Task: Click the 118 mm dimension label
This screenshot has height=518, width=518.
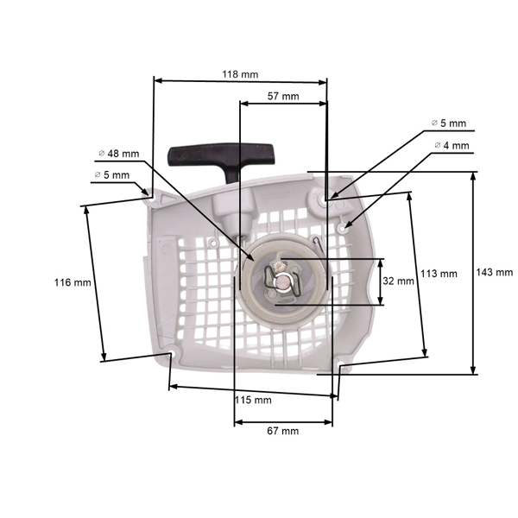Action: click(x=240, y=74)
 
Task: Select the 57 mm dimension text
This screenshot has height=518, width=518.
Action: click(x=283, y=96)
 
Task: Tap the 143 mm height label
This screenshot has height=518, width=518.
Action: click(x=494, y=272)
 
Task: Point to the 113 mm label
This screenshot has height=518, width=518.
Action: click(x=439, y=274)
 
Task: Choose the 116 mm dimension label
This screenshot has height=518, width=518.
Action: click(x=72, y=282)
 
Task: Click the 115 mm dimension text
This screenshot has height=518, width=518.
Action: click(x=253, y=400)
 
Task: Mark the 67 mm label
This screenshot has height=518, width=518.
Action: click(x=281, y=431)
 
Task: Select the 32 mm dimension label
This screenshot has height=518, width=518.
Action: click(x=398, y=281)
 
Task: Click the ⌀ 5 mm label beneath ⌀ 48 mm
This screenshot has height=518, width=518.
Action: click(x=111, y=175)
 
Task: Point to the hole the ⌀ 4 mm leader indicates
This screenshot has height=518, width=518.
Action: click(x=346, y=228)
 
